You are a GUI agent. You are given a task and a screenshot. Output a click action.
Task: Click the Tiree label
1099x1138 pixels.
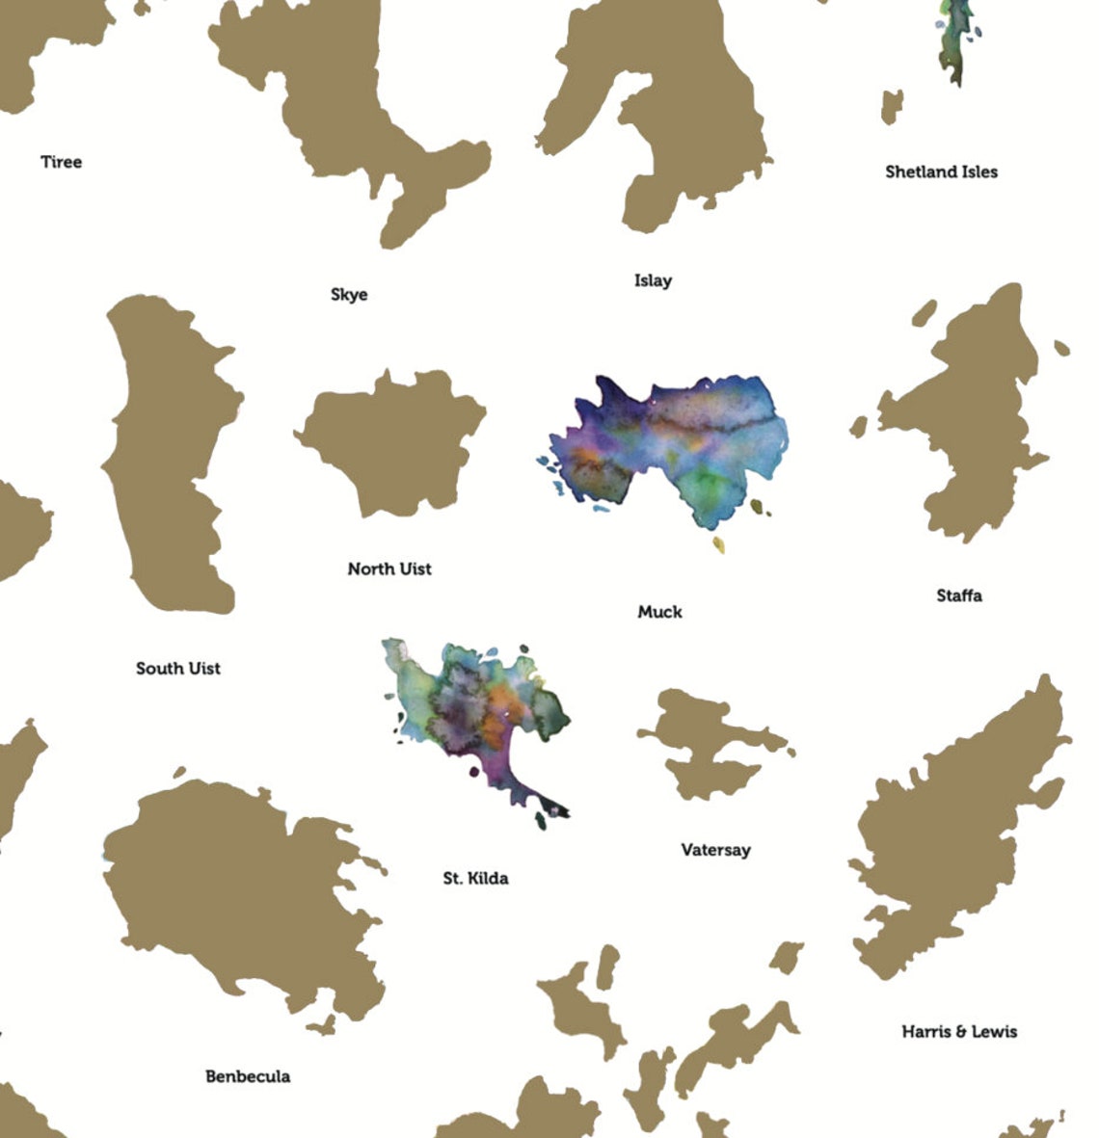[61, 162]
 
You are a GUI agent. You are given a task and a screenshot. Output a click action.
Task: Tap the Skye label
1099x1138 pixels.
[349, 295]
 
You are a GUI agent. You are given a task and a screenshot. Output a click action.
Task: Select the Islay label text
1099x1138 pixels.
[653, 280]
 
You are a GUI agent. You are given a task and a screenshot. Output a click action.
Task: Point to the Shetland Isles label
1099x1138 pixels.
[941, 172]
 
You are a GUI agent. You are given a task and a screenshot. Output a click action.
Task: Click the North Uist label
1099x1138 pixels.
[389, 569]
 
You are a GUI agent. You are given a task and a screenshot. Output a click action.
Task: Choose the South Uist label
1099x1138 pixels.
[178, 668]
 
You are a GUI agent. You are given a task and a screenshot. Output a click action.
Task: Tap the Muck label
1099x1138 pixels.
[659, 612]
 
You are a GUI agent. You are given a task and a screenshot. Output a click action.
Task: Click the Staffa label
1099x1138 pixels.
[959, 595]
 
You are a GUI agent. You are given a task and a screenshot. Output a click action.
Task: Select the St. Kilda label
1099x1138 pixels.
[475, 878]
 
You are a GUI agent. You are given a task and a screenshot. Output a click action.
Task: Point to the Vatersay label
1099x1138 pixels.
[715, 850]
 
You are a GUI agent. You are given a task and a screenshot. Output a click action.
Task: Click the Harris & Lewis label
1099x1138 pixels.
[959, 1031]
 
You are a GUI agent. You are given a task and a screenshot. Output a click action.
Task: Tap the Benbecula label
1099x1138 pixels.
[248, 1076]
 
